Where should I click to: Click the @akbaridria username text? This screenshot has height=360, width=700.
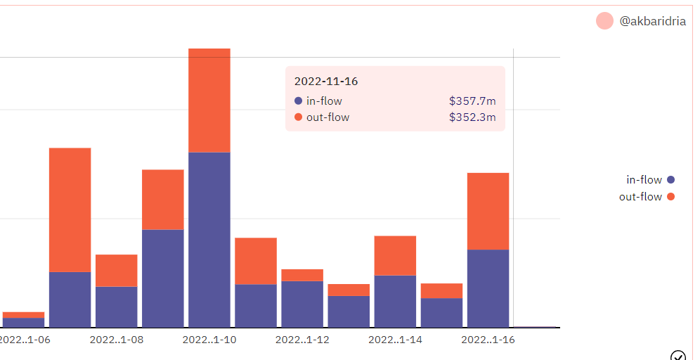pyautogui.click(x=652, y=22)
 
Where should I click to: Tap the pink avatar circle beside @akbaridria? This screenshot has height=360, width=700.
pyautogui.click(x=604, y=21)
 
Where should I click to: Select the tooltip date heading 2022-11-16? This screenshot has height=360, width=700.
pyautogui.click(x=325, y=82)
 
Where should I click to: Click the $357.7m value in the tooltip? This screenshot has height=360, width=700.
pyautogui.click(x=472, y=101)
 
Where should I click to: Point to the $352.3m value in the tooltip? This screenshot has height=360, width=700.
pyautogui.click(x=472, y=117)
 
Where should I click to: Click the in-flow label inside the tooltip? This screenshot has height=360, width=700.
pyautogui.click(x=324, y=101)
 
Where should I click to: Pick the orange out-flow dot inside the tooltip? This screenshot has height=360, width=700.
pyautogui.click(x=299, y=117)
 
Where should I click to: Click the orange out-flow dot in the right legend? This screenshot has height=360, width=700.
pyautogui.click(x=670, y=197)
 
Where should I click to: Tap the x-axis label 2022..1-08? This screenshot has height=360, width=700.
pyautogui.click(x=117, y=340)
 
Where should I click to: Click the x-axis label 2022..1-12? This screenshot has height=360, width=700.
pyautogui.click(x=302, y=340)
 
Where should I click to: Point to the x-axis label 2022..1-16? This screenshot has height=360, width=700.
pyautogui.click(x=488, y=340)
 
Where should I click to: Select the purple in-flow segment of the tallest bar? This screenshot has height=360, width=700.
pyautogui.click(x=209, y=239)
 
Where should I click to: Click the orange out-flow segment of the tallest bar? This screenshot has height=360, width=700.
pyautogui.click(x=209, y=100)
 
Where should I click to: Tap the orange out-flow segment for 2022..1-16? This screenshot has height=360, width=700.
pyautogui.click(x=488, y=211)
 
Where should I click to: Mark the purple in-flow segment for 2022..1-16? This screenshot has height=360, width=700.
pyautogui.click(x=488, y=288)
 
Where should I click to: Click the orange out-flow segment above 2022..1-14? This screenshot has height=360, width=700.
pyautogui.click(x=395, y=255)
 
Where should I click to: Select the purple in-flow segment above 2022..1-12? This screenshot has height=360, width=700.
pyautogui.click(x=302, y=304)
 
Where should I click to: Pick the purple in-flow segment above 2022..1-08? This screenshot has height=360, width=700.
pyautogui.click(x=117, y=307)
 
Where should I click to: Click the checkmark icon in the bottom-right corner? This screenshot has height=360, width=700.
pyautogui.click(x=678, y=355)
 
